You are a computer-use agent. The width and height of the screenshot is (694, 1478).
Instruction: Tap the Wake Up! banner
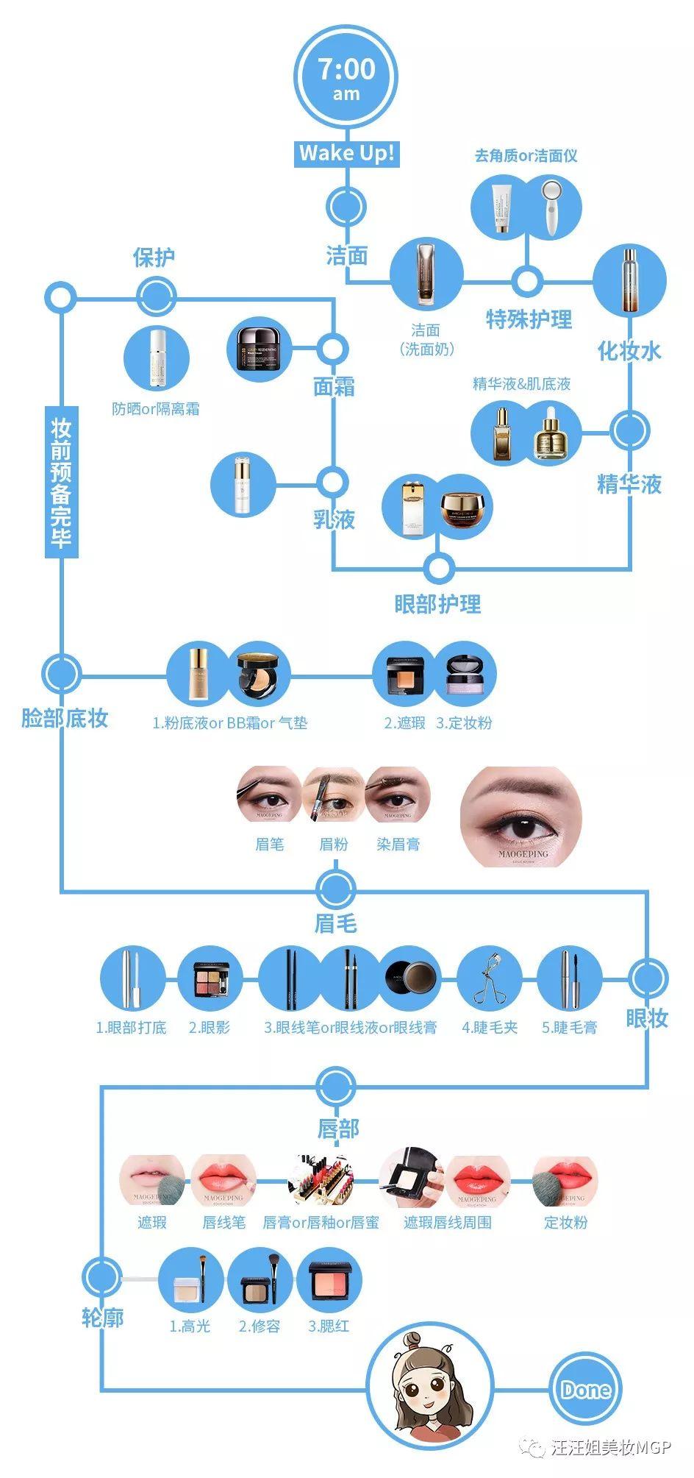point(346,153)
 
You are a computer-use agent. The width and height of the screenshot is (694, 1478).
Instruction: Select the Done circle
point(585,1389)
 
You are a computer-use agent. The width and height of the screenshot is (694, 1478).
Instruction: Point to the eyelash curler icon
point(489,978)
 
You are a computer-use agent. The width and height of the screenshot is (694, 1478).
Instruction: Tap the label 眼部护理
point(437,604)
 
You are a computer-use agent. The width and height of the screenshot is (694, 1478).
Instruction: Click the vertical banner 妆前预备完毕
point(61,482)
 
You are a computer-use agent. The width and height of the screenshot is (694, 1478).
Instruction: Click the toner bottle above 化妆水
point(629,280)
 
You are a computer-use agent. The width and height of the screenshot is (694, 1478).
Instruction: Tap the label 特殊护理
point(529,319)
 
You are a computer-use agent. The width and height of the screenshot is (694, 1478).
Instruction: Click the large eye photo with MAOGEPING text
point(521,817)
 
